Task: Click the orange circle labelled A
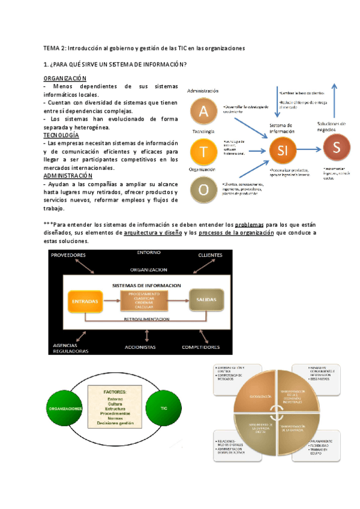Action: click(x=204, y=112)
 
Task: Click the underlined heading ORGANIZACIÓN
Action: click(x=65, y=79)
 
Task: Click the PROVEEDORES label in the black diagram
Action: click(x=68, y=255)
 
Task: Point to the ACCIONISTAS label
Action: click(x=140, y=347)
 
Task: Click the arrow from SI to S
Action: click(x=310, y=148)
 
